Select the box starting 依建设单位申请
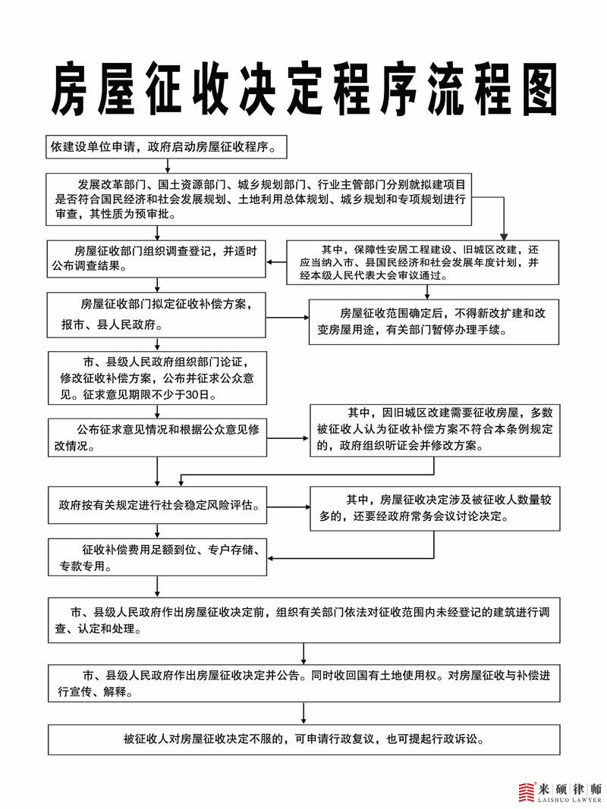[166, 147]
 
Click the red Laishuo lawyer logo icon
[526, 792]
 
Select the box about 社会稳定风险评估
[157, 505]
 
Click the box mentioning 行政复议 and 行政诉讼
[304, 739]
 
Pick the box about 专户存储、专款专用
[157, 557]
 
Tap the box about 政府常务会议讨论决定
[435, 509]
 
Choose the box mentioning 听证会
[435, 431]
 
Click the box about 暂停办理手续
[433, 321]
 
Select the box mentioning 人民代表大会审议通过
[423, 262]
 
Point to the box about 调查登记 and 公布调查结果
[156, 259]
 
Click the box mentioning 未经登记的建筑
[304, 620]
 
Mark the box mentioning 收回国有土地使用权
[304, 683]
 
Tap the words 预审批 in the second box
[158, 214]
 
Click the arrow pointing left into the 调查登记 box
[276, 262]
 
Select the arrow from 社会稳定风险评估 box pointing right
[288, 506]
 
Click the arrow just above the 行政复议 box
[303, 713]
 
